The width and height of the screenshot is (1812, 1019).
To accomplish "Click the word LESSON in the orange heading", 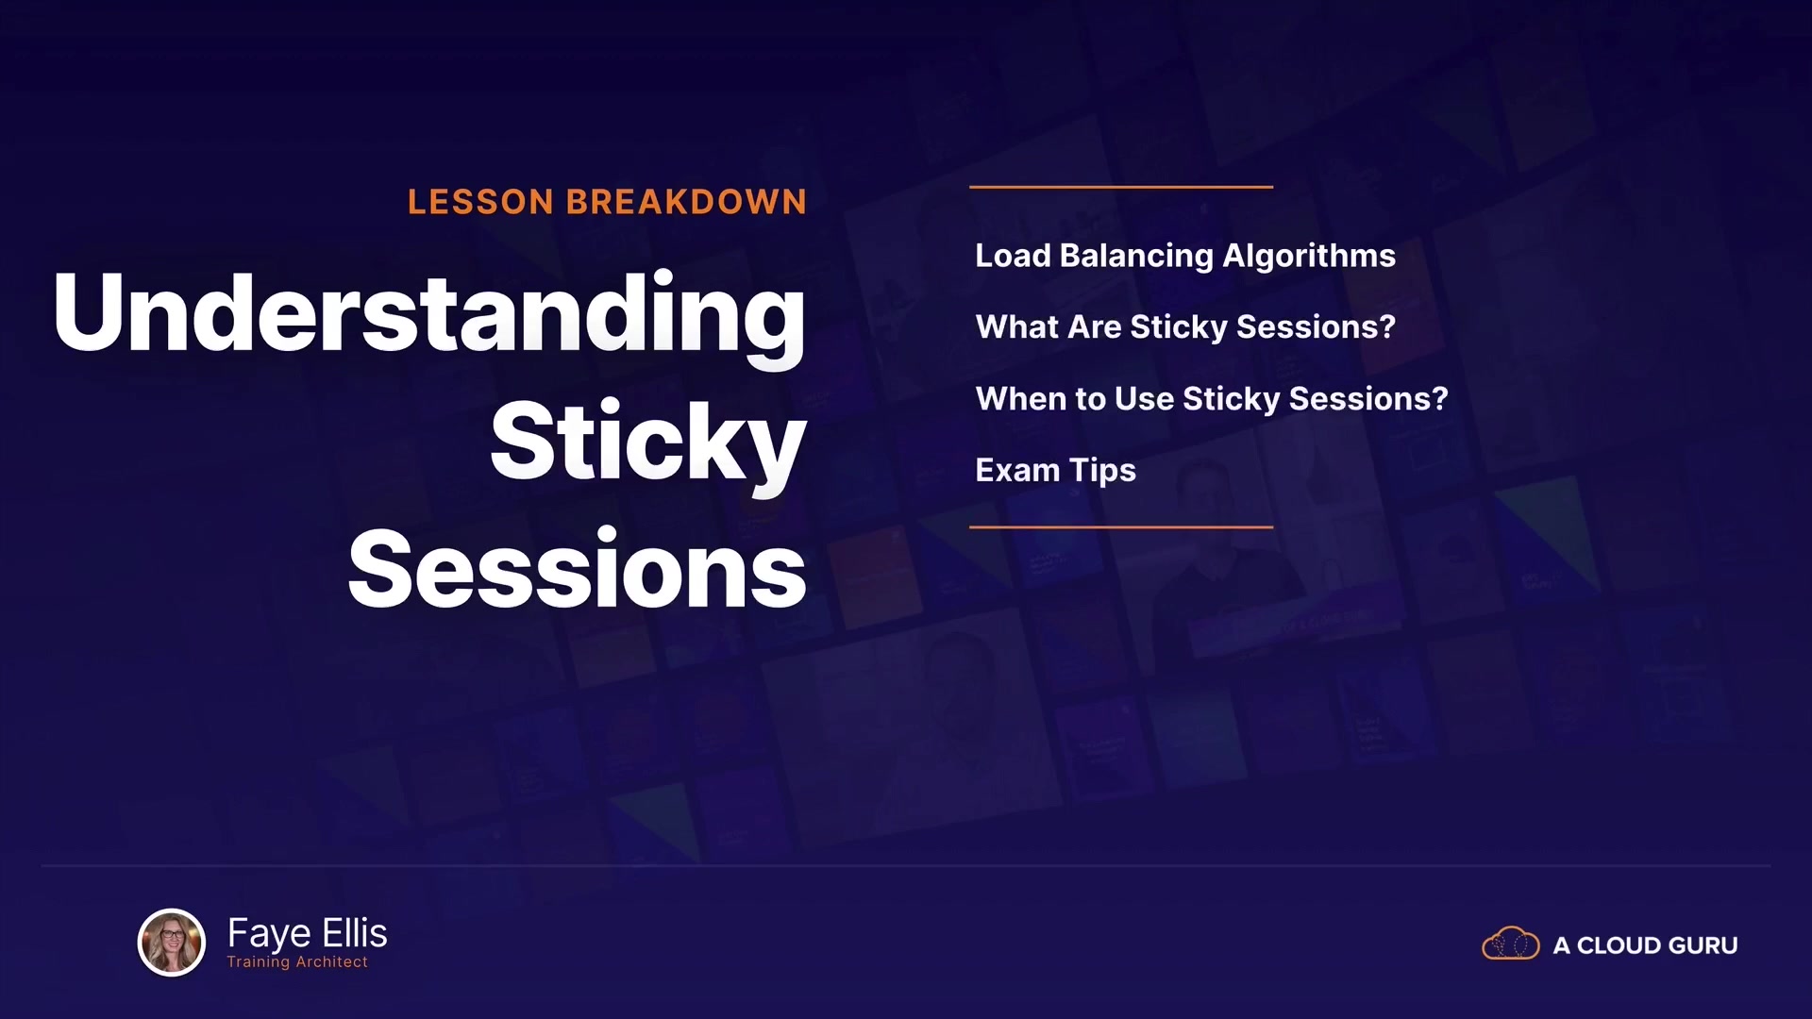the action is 480,202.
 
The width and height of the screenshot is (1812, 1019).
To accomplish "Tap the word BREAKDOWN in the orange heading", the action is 686,202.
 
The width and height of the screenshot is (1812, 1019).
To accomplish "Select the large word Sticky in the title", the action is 648,443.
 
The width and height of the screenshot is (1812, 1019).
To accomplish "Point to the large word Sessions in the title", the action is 578,569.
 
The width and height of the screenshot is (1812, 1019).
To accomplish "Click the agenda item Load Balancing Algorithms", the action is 1185,257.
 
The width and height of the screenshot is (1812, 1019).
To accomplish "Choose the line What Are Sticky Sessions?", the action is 1185,327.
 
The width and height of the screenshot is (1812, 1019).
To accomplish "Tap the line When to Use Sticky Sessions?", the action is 1212,399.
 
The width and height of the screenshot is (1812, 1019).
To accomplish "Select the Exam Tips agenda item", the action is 1055,471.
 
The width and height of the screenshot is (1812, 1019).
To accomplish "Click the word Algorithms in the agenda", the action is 1309,257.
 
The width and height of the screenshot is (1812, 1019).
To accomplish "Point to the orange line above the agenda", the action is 1121,187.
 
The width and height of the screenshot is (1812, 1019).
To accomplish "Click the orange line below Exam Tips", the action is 1121,526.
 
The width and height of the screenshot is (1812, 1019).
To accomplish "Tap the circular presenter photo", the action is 172,942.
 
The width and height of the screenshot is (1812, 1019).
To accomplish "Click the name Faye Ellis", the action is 308,933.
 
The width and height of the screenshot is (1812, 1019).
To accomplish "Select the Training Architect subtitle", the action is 297,962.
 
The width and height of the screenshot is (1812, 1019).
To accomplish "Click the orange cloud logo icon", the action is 1511,944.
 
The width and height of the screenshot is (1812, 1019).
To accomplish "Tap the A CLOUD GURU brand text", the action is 1645,945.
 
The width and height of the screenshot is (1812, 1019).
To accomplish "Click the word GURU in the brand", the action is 1703,945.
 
